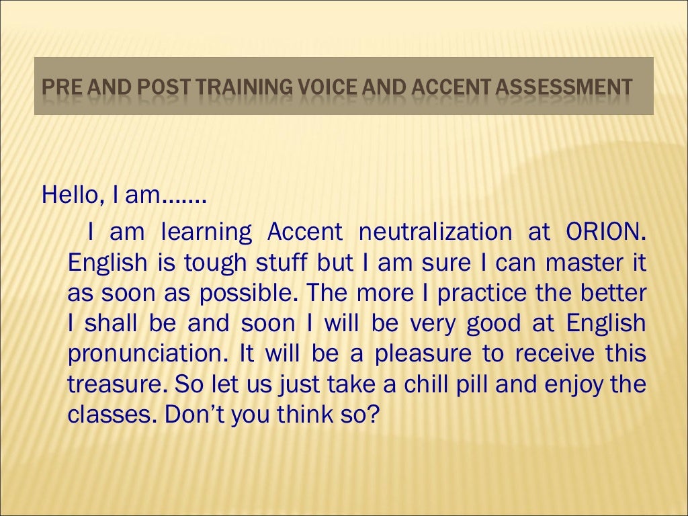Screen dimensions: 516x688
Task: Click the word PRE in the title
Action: (57, 87)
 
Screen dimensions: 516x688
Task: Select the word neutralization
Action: (434, 232)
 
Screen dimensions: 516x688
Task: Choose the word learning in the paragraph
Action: (206, 232)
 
